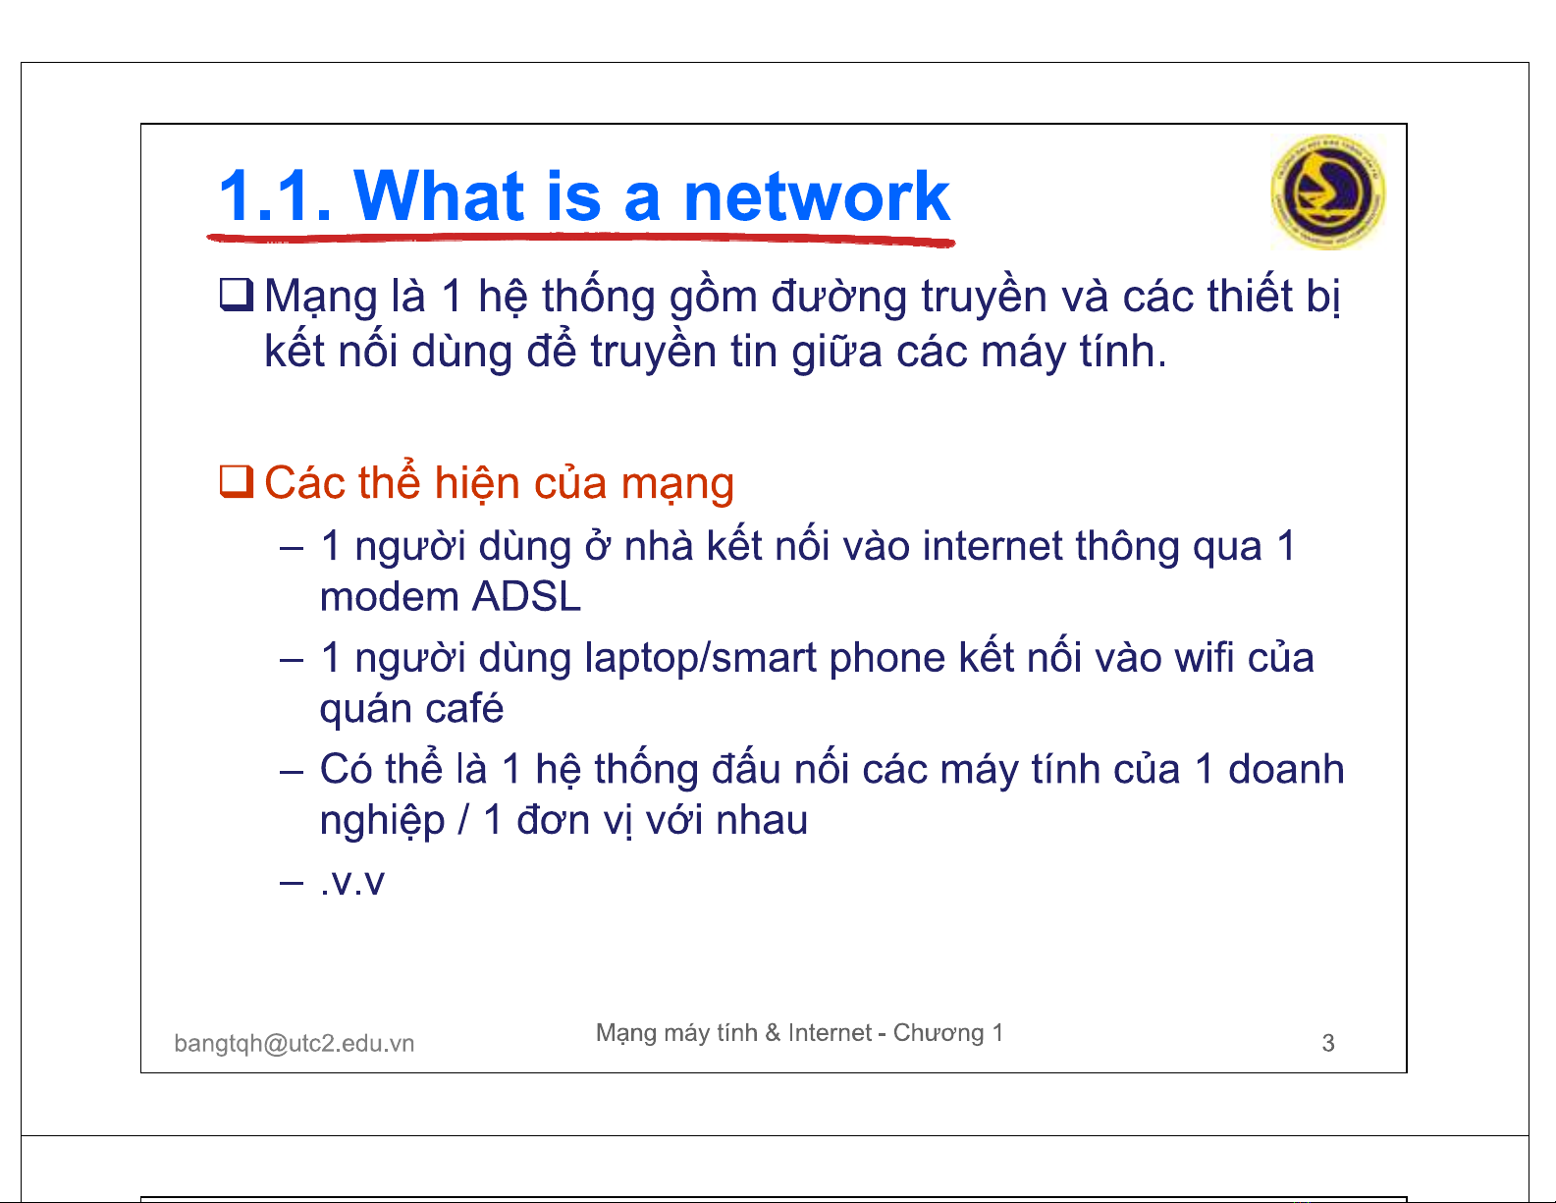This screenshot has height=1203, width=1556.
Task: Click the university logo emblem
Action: click(x=1327, y=191)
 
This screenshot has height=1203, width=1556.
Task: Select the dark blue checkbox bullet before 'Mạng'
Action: click(x=237, y=295)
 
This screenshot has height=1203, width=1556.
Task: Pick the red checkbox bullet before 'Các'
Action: click(x=237, y=480)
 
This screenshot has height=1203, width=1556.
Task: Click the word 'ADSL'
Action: click(x=526, y=596)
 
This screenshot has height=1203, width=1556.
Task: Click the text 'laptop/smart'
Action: click(x=700, y=658)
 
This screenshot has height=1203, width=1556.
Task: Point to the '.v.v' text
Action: click(x=352, y=882)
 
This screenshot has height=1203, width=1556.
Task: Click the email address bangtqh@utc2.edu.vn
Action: click(x=295, y=1043)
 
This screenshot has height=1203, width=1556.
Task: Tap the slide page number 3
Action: click(x=1328, y=1043)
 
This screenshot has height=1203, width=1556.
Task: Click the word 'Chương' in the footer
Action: click(x=939, y=1033)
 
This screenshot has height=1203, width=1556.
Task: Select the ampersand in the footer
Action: click(x=773, y=1032)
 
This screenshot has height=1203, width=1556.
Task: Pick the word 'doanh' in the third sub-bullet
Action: click(x=1286, y=769)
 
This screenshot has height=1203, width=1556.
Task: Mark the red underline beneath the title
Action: click(x=581, y=239)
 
